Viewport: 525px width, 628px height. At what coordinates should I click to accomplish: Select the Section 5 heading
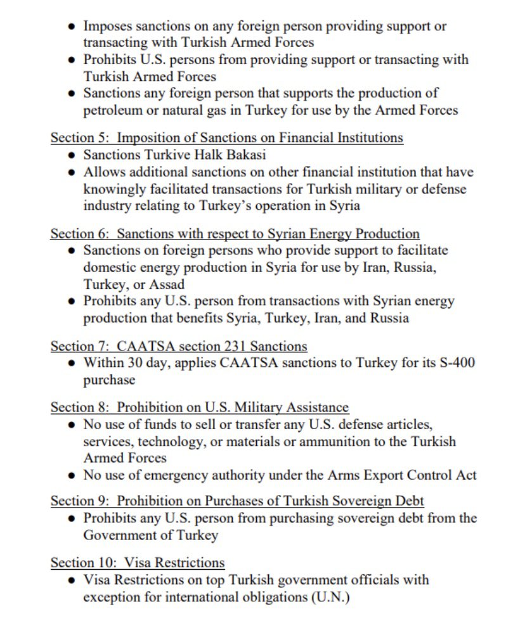coord(226,138)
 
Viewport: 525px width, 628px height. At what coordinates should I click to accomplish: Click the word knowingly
coord(113,188)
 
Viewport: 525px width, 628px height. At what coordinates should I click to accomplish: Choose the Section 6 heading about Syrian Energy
coord(235,233)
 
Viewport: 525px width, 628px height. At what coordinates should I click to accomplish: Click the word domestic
coord(108,267)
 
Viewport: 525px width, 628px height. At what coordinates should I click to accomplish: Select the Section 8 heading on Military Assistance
coord(199,407)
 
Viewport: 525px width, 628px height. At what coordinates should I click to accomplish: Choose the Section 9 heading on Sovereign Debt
coord(237,501)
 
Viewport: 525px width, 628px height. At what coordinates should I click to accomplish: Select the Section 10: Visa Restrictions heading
coord(137,563)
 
